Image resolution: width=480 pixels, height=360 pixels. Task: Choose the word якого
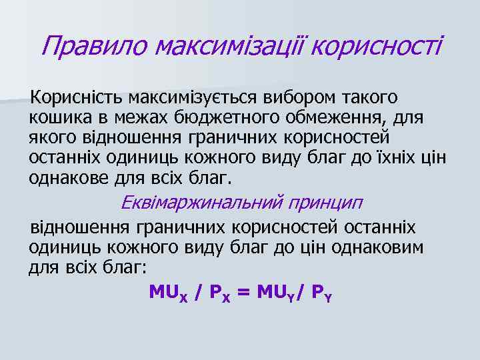click(51, 139)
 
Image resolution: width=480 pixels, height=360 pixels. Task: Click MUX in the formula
click(168, 292)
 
